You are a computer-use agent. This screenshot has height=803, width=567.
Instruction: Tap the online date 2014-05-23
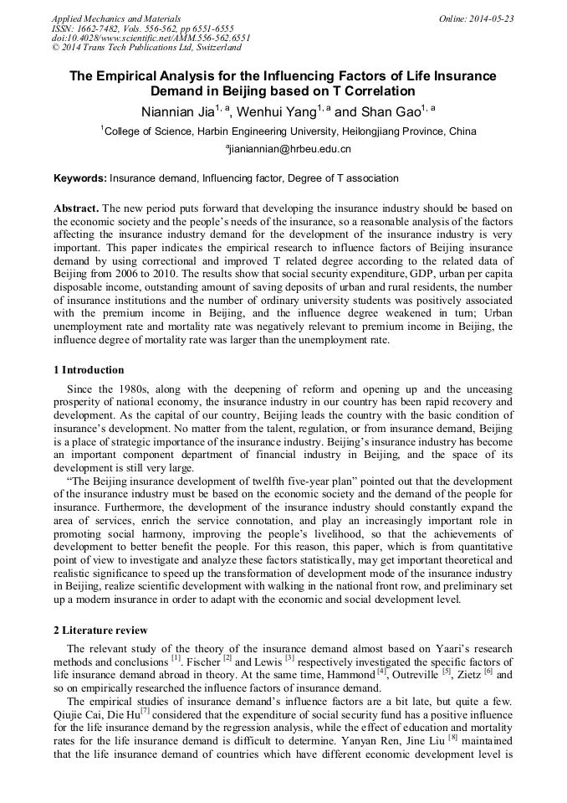pos(492,18)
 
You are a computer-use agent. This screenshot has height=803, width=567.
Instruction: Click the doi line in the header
pos(151,39)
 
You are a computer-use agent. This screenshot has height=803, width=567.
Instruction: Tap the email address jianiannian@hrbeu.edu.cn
pos(284,149)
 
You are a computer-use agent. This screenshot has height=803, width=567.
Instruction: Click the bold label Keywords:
pos(80,178)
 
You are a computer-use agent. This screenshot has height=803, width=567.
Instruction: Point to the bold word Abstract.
pos(76,208)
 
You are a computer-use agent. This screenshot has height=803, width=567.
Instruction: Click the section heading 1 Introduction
pos(89,370)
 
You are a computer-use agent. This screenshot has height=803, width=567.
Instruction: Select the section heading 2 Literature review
pos(100,630)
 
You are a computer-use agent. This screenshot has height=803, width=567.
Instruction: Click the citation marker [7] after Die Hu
pos(145,710)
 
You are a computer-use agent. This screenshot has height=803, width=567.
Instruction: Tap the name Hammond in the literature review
pos(351,675)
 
